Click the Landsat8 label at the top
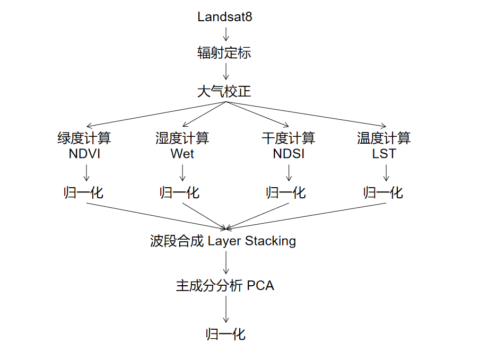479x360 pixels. point(224,17)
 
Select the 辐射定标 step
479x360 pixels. point(224,53)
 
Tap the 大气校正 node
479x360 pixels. point(224,92)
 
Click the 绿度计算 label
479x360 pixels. point(84,138)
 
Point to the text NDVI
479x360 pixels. point(84,154)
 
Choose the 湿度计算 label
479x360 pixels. point(182,138)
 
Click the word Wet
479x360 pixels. point(182,154)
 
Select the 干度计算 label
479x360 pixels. point(288,138)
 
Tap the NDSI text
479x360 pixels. point(288,154)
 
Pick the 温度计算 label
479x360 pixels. point(384,138)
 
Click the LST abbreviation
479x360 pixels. point(384,154)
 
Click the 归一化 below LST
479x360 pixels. point(383,192)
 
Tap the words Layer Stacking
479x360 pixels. point(251,241)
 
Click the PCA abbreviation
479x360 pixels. point(260,286)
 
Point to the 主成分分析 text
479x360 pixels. point(209,286)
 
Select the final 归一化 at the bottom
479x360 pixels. point(225,335)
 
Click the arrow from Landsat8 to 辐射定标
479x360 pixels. point(226,34)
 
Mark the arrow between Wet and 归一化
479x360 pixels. point(182,173)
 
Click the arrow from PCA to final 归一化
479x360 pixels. point(226,309)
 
